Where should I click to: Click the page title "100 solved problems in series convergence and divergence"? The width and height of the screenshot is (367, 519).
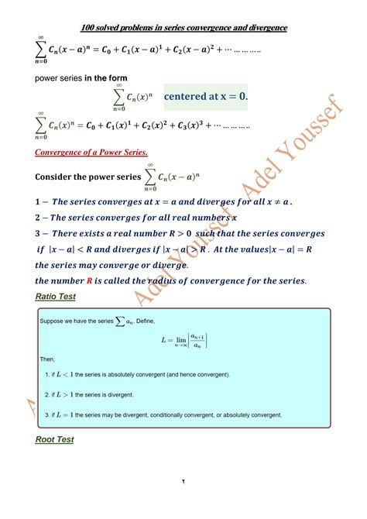[183, 28]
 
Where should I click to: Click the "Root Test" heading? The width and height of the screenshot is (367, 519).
[55, 440]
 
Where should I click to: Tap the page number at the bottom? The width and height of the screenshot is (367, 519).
[183, 503]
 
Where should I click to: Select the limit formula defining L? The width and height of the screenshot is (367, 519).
[184, 340]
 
